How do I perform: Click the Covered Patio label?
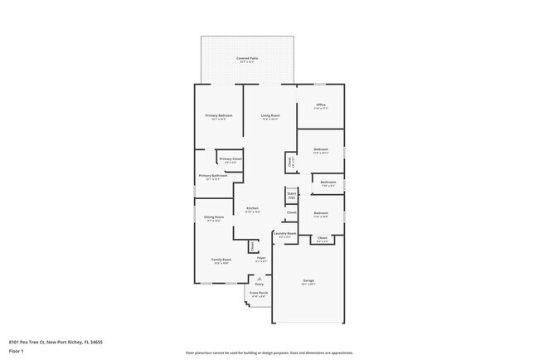click(247, 59)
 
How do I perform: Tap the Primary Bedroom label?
click(219, 116)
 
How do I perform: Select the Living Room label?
click(270, 116)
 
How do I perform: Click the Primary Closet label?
click(231, 160)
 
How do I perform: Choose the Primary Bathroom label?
click(213, 177)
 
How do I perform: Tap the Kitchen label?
click(252, 209)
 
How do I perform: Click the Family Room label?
click(221, 260)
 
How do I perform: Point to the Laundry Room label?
click(285, 235)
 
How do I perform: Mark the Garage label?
click(308, 281)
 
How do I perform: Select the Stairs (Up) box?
click(292, 196)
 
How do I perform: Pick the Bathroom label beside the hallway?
click(328, 183)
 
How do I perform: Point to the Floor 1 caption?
click(17, 351)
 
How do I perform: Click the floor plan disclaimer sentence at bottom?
click(269, 353)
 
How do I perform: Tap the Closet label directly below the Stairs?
click(292, 213)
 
